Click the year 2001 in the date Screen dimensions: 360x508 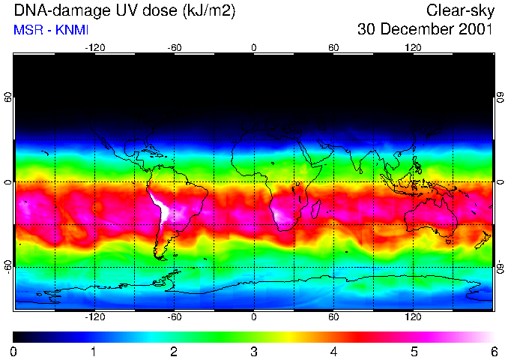click(475, 30)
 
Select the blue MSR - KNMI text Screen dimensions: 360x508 click(51, 31)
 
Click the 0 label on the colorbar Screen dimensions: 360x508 click(14, 351)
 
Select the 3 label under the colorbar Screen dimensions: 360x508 click(254, 351)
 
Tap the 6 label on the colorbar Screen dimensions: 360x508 click(493, 351)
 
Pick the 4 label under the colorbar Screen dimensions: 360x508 click(333, 351)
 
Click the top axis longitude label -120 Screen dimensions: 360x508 click(94, 47)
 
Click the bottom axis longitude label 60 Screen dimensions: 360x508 click(333, 317)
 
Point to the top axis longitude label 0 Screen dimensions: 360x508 click(254, 47)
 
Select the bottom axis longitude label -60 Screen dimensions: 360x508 click(175, 317)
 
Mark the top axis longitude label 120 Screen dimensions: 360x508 click(413, 47)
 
